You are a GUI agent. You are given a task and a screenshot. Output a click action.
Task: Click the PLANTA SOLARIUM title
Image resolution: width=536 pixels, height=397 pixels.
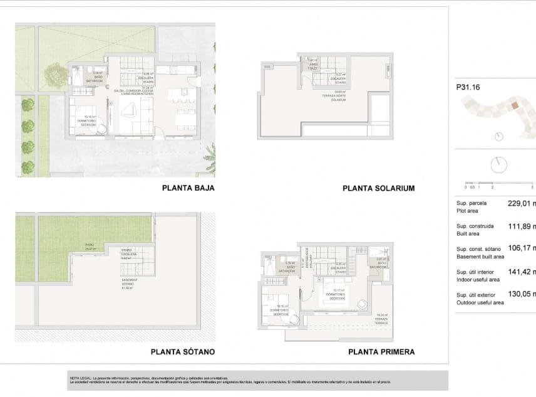coord(378,188)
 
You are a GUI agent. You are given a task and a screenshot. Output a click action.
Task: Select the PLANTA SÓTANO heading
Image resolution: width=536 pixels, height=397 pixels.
coord(183,352)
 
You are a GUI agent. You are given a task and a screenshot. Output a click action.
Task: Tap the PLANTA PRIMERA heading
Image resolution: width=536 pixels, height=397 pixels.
coord(381,352)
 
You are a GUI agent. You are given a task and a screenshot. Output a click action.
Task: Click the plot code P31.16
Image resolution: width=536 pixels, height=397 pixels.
coord(468,88)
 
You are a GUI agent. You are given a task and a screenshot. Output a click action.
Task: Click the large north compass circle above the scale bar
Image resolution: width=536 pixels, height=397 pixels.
coord(499,164)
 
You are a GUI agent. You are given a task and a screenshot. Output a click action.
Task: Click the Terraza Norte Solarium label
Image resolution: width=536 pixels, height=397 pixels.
coord(339,96)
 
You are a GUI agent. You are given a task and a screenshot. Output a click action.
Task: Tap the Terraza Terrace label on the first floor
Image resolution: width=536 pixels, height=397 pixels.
coord(383,317)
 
